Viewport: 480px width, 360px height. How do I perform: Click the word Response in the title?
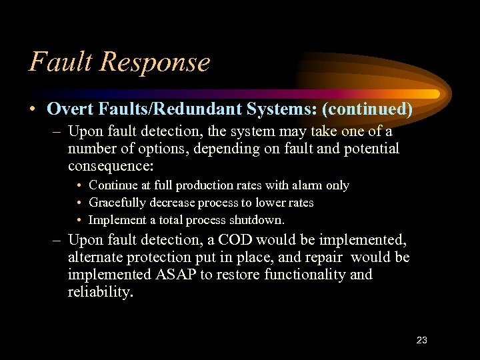155,63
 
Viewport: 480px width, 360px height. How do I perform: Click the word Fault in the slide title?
61,61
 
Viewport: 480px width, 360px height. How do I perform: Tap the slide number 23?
421,340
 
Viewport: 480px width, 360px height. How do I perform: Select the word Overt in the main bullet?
67,108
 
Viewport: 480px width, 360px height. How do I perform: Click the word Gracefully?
118,203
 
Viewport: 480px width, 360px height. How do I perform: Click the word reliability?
99,292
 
